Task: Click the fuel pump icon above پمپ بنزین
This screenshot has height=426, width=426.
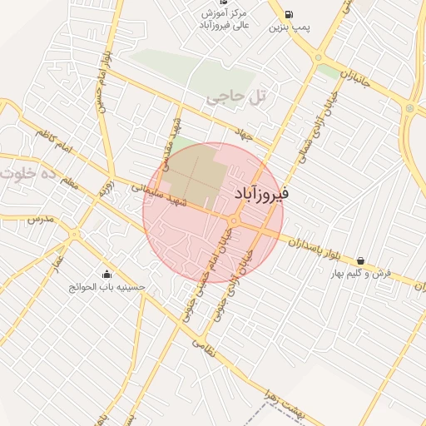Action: tap(289, 14)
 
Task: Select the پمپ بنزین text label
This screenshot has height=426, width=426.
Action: tap(289, 27)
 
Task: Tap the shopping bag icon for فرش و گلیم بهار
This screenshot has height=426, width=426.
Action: tap(359, 260)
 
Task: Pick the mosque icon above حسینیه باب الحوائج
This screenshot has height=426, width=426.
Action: tap(106, 275)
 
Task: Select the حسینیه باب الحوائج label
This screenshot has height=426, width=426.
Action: tap(107, 287)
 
